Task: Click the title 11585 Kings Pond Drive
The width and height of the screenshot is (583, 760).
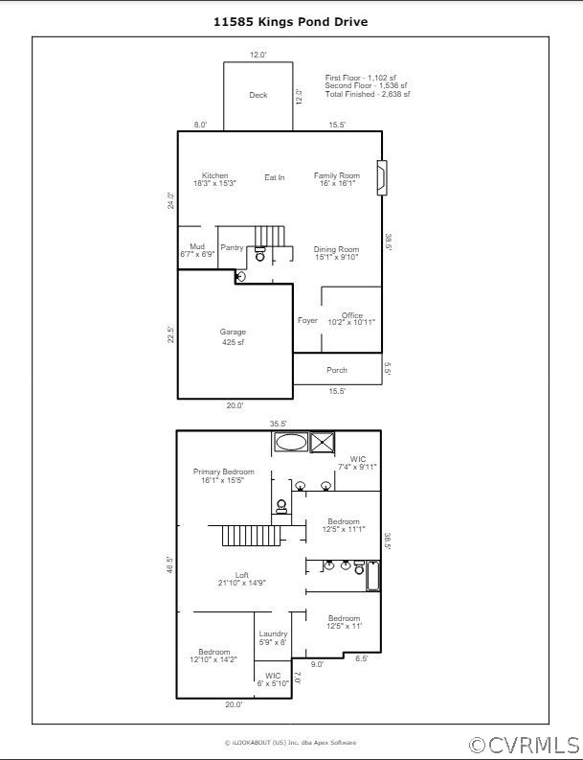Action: tap(291, 21)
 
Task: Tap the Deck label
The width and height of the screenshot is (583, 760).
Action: tap(258, 95)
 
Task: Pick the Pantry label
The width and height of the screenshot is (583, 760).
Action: tap(232, 248)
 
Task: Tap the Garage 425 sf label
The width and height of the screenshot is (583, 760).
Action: tap(234, 337)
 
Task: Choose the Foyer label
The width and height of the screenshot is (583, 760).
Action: tap(307, 320)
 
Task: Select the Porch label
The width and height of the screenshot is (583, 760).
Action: tap(337, 370)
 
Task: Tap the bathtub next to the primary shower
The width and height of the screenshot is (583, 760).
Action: tap(290, 442)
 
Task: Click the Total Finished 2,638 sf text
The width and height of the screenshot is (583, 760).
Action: tap(368, 94)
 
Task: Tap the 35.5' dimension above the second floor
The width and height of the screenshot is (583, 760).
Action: tap(279, 423)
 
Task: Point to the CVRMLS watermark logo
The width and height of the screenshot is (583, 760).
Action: tap(524, 745)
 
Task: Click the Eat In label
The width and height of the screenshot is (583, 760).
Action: tap(275, 177)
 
